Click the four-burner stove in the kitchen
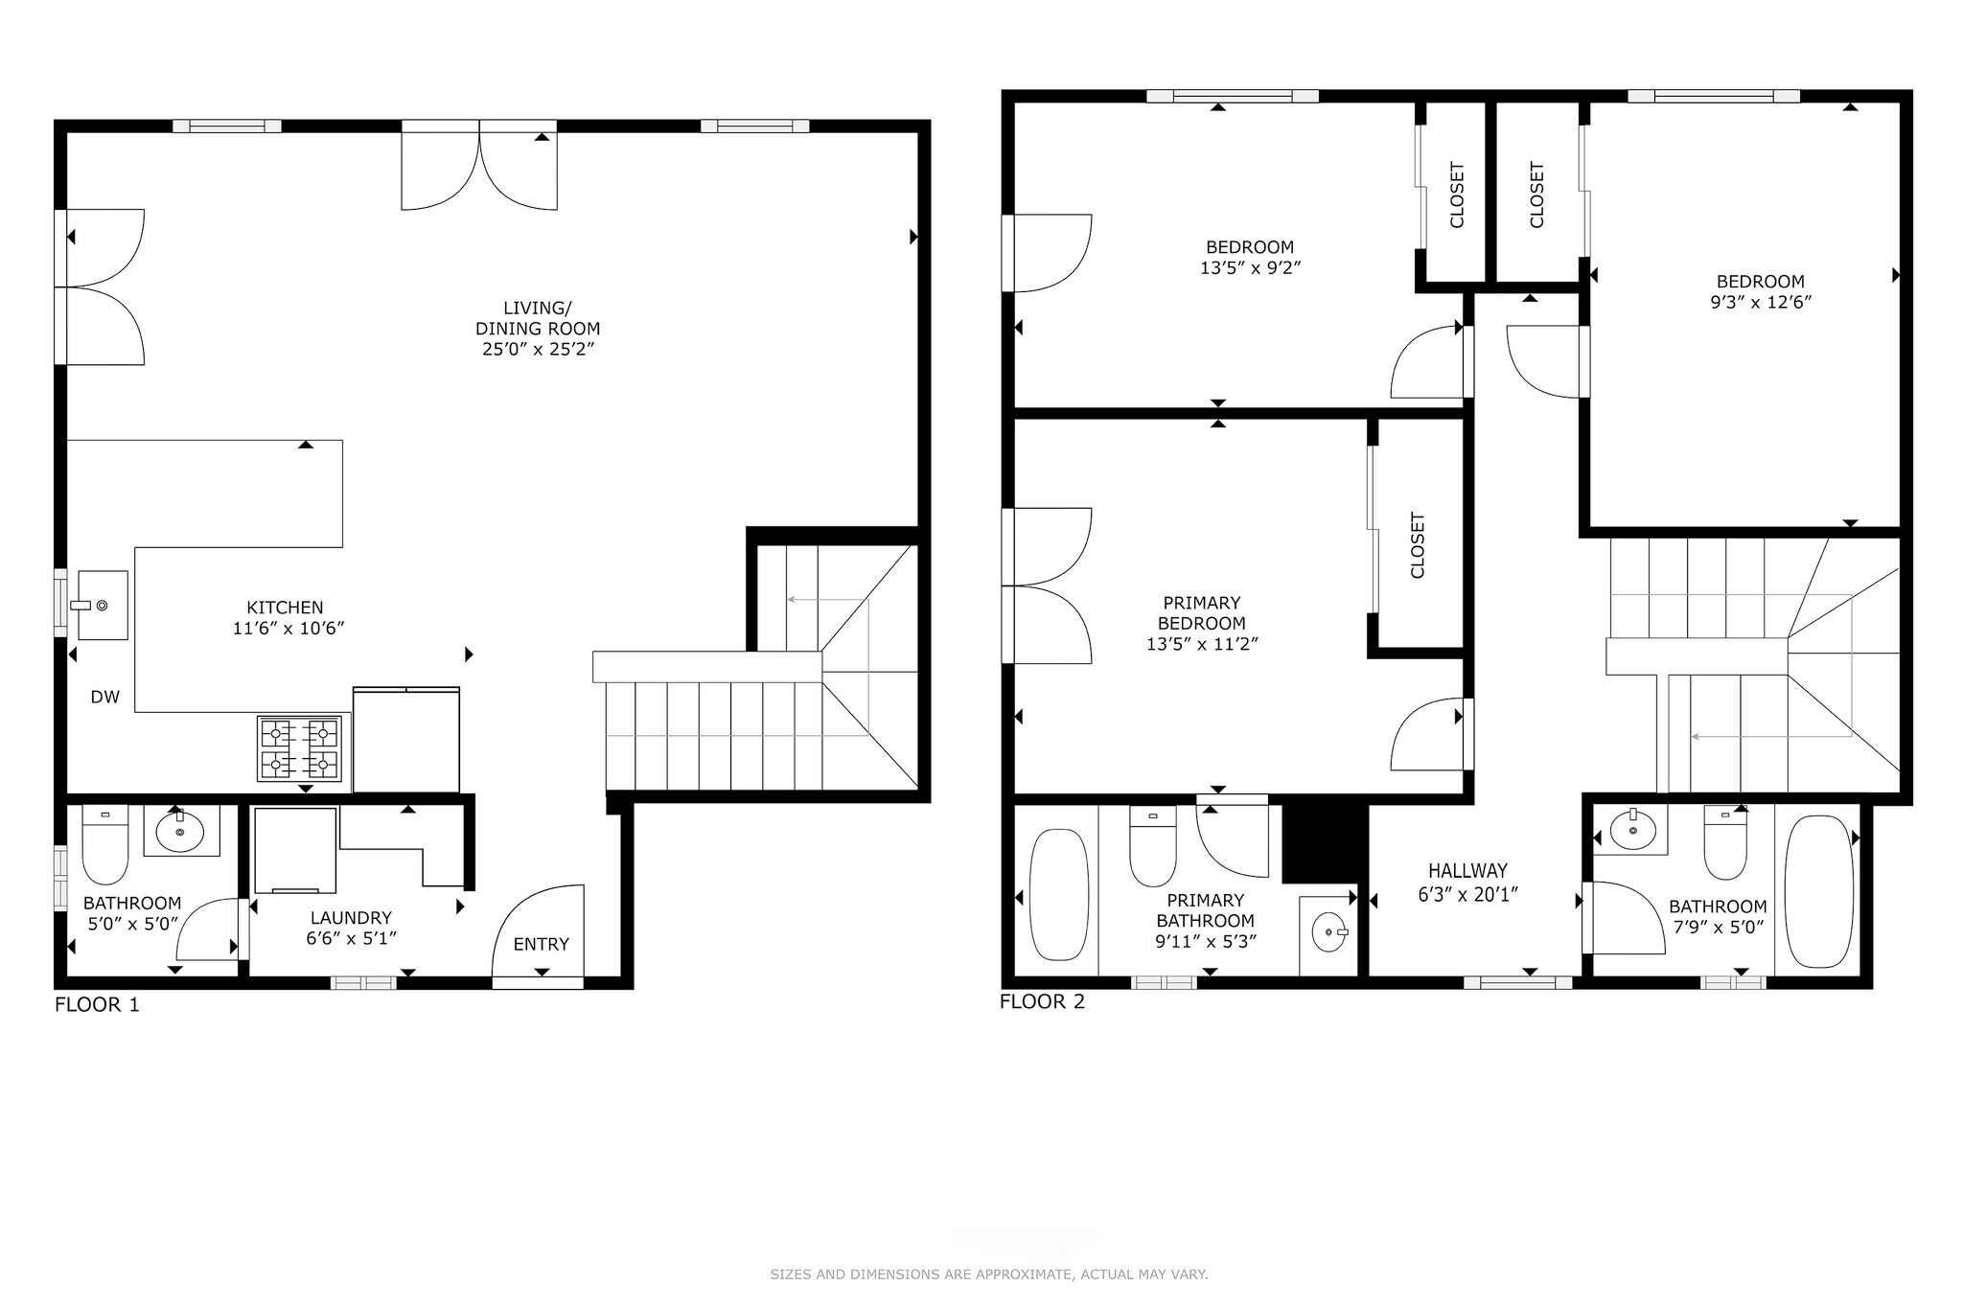(299, 748)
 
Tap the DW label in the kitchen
(105, 698)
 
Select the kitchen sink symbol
(102, 605)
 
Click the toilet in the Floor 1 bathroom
(104, 844)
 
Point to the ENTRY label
(541, 944)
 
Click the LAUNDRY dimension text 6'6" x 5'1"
(351, 939)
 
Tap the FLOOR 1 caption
(97, 1005)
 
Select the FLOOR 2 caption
(1042, 1002)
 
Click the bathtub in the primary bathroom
(1059, 894)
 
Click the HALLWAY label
(1467, 871)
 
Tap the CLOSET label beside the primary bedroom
(1418, 545)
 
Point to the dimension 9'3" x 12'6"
(1760, 302)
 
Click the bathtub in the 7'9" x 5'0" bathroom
(1818, 891)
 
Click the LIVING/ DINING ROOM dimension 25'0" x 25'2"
(538, 350)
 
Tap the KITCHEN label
(285, 608)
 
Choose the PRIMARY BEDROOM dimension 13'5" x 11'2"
(1202, 644)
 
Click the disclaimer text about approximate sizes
(989, 1274)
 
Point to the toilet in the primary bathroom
(1153, 845)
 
